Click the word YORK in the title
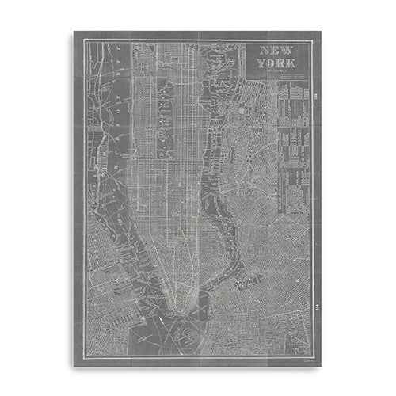[276, 64]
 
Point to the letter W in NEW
[286, 51]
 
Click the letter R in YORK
[281, 64]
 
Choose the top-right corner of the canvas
[322, 32]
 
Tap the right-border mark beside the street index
[317, 97]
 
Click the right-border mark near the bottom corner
[317, 306]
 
